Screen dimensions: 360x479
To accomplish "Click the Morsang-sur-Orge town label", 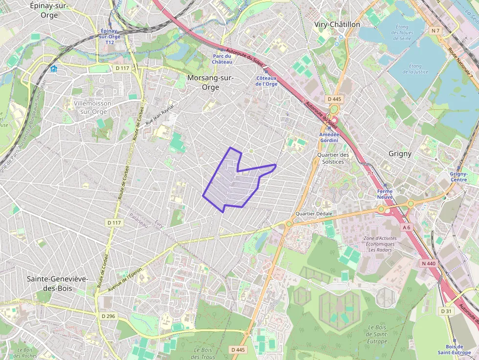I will pos(211,83).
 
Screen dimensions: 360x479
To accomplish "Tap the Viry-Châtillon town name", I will pos(337,24).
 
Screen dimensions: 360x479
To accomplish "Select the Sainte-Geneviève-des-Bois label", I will pos(57,283).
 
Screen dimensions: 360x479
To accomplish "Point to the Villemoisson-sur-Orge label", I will pos(93,107).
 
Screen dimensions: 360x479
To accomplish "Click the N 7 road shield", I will pos(435,31).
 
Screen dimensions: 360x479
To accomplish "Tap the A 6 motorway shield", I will pos(407,227).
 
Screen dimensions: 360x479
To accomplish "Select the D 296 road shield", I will pos(108,316).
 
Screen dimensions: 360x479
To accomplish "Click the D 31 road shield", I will pos(446,311).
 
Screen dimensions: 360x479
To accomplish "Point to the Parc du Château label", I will pos(222,59).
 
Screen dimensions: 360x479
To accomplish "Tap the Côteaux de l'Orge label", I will pos(266,81).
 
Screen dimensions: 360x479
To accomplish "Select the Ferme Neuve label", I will pos(385,194).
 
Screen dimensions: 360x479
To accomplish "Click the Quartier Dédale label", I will pos(314,214).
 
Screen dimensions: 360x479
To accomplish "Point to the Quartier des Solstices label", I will pos(333,158).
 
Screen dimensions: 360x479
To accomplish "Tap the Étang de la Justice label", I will pos(415,69).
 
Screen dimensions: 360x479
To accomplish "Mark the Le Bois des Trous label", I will pos(205,353).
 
